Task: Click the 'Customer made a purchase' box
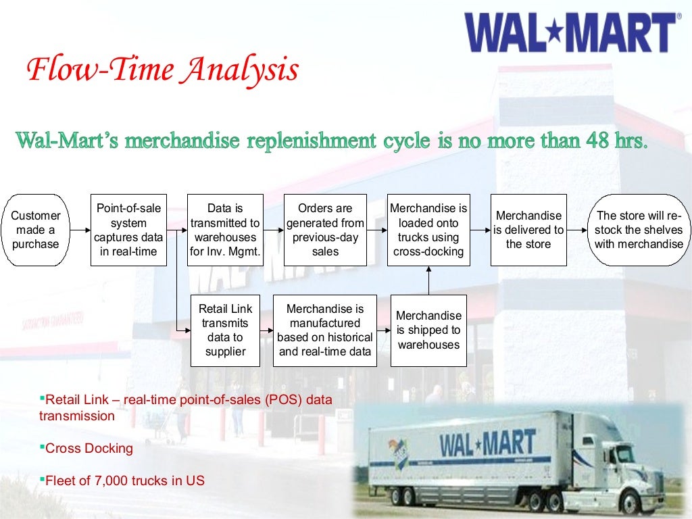pos(36,230)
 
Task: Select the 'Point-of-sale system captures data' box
pos(128,230)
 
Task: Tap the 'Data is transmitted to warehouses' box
pos(225,230)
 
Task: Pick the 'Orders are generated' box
pos(325,230)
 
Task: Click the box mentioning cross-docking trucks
pos(428,230)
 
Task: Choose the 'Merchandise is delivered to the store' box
pos(528,230)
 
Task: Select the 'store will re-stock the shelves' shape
pos(639,230)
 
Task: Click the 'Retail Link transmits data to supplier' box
pos(225,330)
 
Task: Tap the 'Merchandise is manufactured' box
pos(325,330)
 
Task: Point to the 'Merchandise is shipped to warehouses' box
pos(428,330)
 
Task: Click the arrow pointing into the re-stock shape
pos(578,230)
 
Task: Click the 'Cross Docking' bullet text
pos(89,448)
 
